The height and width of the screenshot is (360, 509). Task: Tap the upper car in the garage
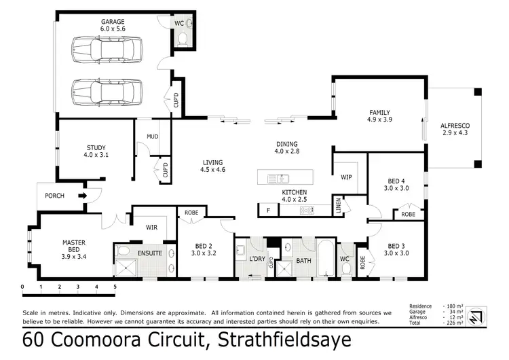[107, 50]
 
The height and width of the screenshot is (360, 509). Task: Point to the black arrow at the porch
[83, 196]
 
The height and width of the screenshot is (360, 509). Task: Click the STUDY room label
[96, 147]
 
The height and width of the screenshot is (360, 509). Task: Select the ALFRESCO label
[455, 127]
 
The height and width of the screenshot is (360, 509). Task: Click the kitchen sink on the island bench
[278, 179]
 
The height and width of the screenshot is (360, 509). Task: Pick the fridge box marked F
[268, 211]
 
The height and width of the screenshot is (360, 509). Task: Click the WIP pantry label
[346, 177]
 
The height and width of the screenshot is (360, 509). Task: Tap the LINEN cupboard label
[337, 204]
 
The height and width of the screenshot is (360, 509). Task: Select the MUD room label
[152, 136]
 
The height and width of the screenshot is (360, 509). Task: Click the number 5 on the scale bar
[115, 287]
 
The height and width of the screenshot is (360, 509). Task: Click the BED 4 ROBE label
[408, 214]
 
